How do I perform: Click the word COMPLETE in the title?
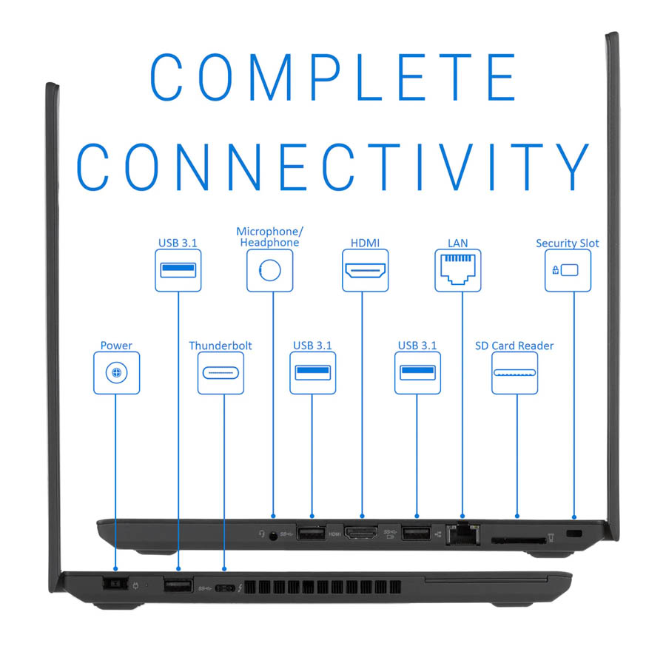point(334,77)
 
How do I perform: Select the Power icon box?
point(116,373)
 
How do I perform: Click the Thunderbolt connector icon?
point(221,373)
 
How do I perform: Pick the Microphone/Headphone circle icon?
point(269,270)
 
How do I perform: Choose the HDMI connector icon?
point(366,270)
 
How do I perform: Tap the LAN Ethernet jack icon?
point(458,269)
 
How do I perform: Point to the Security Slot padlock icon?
point(555,269)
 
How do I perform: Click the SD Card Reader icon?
point(514,372)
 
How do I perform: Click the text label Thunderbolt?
point(221,346)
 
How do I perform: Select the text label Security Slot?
point(568,243)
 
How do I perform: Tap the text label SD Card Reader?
point(514,346)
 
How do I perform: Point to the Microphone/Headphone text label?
point(269,237)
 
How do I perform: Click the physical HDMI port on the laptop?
point(361,533)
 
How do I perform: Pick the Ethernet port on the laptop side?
point(463,534)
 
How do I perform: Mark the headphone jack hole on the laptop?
point(274,536)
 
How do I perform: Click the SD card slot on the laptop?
point(519,540)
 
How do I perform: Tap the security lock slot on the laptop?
point(574,533)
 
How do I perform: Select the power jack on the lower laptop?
point(115,584)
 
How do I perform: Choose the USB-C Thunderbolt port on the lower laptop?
point(225,588)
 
